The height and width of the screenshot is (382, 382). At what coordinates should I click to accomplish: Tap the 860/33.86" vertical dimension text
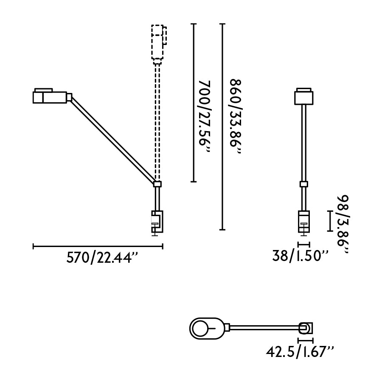(x=235, y=118)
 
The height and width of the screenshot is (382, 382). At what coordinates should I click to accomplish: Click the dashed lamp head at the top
(x=158, y=42)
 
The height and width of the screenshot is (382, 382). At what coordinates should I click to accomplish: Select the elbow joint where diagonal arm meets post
(x=157, y=184)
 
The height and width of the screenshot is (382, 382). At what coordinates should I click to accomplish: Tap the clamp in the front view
(x=304, y=222)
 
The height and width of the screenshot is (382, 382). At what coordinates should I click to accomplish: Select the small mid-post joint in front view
(x=304, y=184)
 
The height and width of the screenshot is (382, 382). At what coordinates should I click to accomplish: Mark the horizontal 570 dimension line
(x=98, y=245)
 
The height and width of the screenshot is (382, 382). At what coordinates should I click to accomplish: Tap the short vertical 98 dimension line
(x=330, y=221)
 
